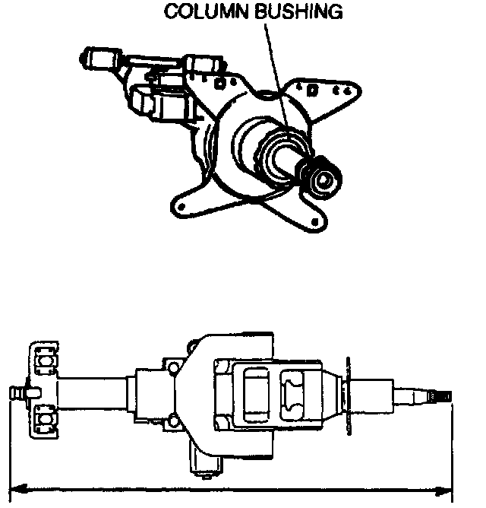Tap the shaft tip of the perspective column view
(326, 179)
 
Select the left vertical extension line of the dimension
(13, 441)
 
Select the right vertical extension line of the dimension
(453, 449)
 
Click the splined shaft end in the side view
(441, 396)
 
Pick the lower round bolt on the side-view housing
(174, 419)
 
